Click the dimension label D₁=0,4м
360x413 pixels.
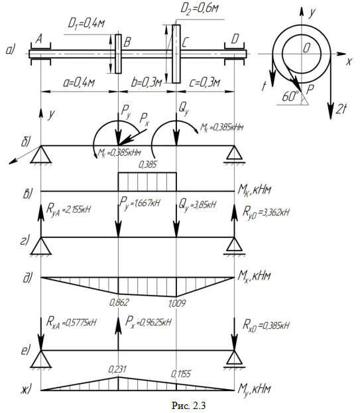tap(86, 24)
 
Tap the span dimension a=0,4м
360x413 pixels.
tap(79, 83)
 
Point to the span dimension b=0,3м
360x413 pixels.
tap(146, 83)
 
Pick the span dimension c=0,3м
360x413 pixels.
tap(204, 83)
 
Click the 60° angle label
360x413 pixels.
tap(290, 97)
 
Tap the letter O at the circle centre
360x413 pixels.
tap(306, 48)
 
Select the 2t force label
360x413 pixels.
tap(341, 109)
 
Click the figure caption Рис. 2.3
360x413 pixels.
tap(188, 405)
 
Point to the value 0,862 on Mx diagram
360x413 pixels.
tap(119, 302)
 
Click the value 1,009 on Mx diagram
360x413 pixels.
tap(177, 304)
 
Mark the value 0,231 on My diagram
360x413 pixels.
tap(117, 369)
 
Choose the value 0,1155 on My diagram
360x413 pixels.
tap(181, 373)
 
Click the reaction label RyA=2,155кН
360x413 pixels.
tap(68, 209)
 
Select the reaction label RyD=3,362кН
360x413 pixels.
tap(266, 211)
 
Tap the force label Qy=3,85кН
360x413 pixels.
tap(198, 204)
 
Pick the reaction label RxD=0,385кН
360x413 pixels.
tap(266, 325)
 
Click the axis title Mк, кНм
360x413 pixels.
tap(254, 190)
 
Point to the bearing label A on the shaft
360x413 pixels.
tap(38, 40)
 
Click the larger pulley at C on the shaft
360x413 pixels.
tap(176, 54)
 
